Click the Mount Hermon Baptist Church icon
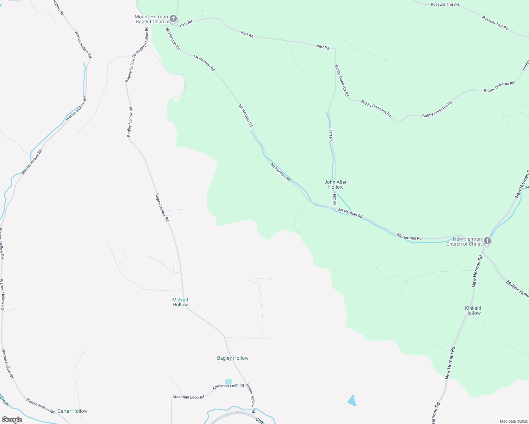tap(173, 18)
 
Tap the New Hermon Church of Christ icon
tap(487, 241)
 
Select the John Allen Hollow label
tap(336, 184)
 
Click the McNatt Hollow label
tap(180, 302)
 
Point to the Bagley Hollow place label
tap(233, 358)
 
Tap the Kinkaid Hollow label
tap(473, 311)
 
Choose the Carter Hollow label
tap(72, 411)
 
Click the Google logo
tap(12, 419)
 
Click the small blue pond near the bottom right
tap(352, 401)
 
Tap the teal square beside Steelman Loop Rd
tap(228, 382)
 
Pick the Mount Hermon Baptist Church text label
tap(151, 19)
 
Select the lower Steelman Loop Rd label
tap(188, 397)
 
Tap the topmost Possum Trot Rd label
tap(444, 5)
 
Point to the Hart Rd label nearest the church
tap(186, 23)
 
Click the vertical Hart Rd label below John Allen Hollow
tap(335, 199)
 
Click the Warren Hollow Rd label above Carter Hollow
tap(40, 406)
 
